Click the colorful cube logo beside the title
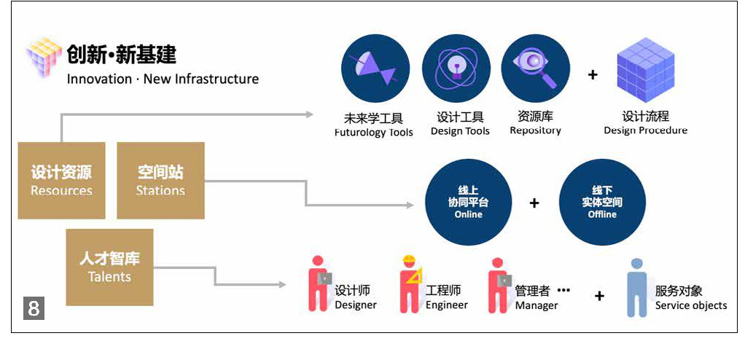[x=43, y=55]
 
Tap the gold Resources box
[x=61, y=180]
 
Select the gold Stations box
[x=160, y=180]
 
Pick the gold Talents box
[x=109, y=267]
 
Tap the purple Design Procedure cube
[x=645, y=69]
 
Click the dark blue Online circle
[x=468, y=203]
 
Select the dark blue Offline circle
[x=602, y=203]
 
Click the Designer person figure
[x=318, y=284]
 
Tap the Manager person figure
[x=499, y=284]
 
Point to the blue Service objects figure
[x=637, y=287]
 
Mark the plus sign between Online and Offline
[x=534, y=203]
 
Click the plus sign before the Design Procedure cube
[x=593, y=74]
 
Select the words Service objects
[x=690, y=305]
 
